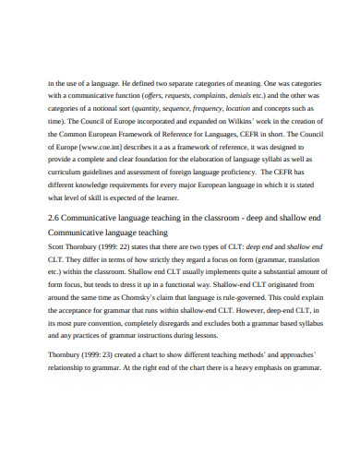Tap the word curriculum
[x=68, y=173]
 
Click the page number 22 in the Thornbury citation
[x=134, y=250]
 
